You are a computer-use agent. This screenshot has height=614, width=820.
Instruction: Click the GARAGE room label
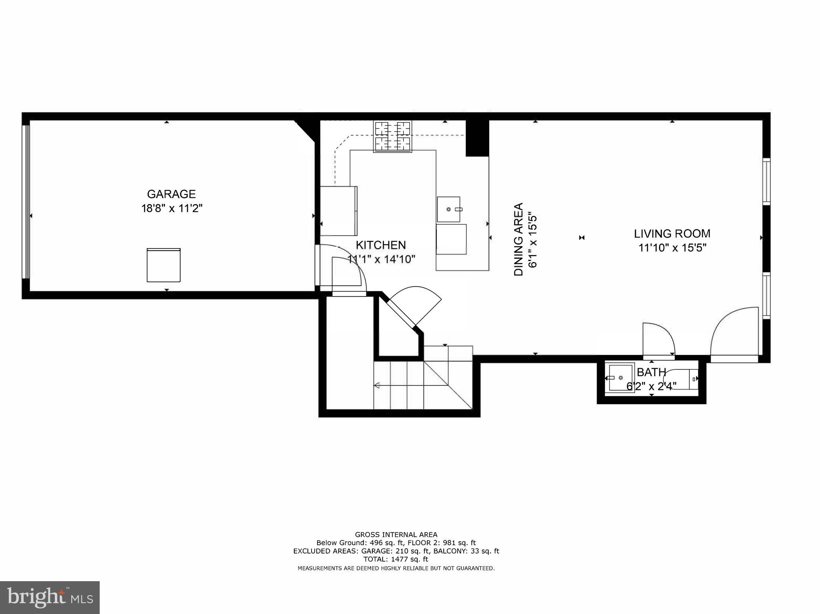(171, 194)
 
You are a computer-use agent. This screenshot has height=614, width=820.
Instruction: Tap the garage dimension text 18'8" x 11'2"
(172, 209)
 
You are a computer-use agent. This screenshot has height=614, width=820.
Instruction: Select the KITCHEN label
(381, 245)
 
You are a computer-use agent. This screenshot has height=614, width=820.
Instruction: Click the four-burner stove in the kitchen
(393, 136)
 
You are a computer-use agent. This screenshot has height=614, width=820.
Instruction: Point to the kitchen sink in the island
(448, 209)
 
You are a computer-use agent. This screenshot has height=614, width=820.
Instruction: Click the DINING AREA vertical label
(519, 239)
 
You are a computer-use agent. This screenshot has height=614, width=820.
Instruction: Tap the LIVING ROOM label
(672, 234)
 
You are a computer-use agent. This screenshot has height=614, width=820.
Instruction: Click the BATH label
(651, 373)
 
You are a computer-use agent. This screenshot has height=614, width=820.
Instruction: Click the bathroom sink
(621, 378)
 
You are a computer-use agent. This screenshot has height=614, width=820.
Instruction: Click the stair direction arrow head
(376, 386)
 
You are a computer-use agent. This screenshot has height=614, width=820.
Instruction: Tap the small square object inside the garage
(163, 265)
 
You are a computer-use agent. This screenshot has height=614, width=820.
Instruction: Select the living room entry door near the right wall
(735, 332)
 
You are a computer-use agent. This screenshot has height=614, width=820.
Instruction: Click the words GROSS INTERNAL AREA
(396, 534)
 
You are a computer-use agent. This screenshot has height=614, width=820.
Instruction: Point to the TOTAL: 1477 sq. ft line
(396, 559)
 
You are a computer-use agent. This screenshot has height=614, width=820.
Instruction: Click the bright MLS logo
(50, 598)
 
